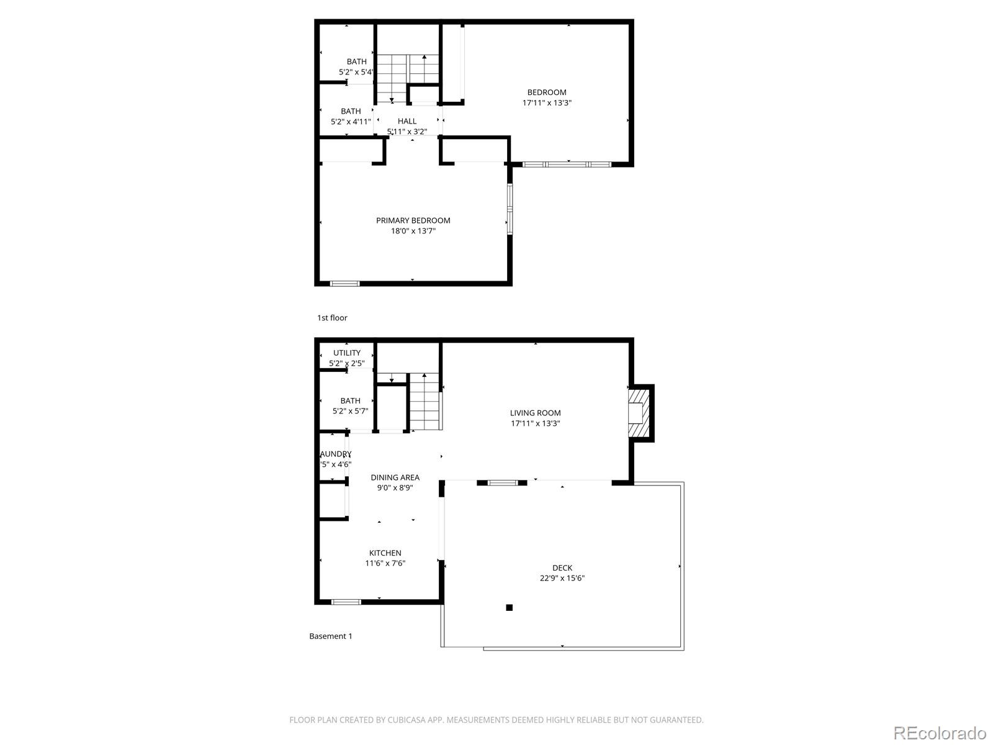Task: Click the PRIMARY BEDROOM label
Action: coord(413,220)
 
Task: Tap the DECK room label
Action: coord(562,567)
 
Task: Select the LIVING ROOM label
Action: coord(535,413)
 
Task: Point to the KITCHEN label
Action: coord(385,553)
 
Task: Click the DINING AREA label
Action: coord(395,477)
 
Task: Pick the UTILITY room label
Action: coord(346,353)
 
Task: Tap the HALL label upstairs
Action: coord(407,121)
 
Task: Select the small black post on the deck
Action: coord(509,607)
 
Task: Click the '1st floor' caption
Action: coord(332,318)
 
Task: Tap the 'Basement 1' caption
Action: coord(330,636)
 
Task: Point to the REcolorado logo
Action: coord(939,733)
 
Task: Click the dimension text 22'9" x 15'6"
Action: coord(562,578)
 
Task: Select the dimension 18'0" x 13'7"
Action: coord(413,231)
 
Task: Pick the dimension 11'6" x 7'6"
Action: coord(385,564)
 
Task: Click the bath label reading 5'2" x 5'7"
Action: coord(350,411)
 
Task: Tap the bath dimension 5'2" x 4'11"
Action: coord(351,122)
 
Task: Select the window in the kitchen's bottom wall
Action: coord(346,602)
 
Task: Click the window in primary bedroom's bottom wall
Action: coord(344,284)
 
